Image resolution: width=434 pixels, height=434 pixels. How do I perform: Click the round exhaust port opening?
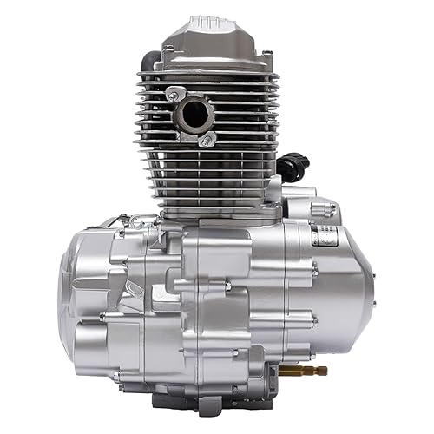[x=197, y=114]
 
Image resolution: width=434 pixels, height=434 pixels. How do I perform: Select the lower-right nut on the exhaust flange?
[x=207, y=139]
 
